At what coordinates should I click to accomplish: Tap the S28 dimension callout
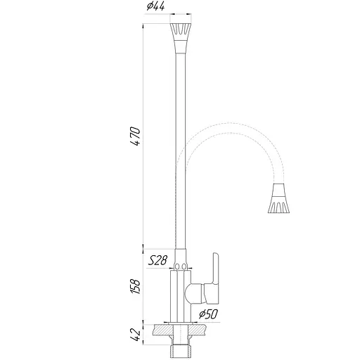[157, 260]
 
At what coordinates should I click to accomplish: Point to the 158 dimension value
[136, 285]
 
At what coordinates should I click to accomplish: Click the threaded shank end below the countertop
[181, 347]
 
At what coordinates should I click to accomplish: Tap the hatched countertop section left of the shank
[160, 330]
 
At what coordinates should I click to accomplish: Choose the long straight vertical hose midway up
[181, 141]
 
